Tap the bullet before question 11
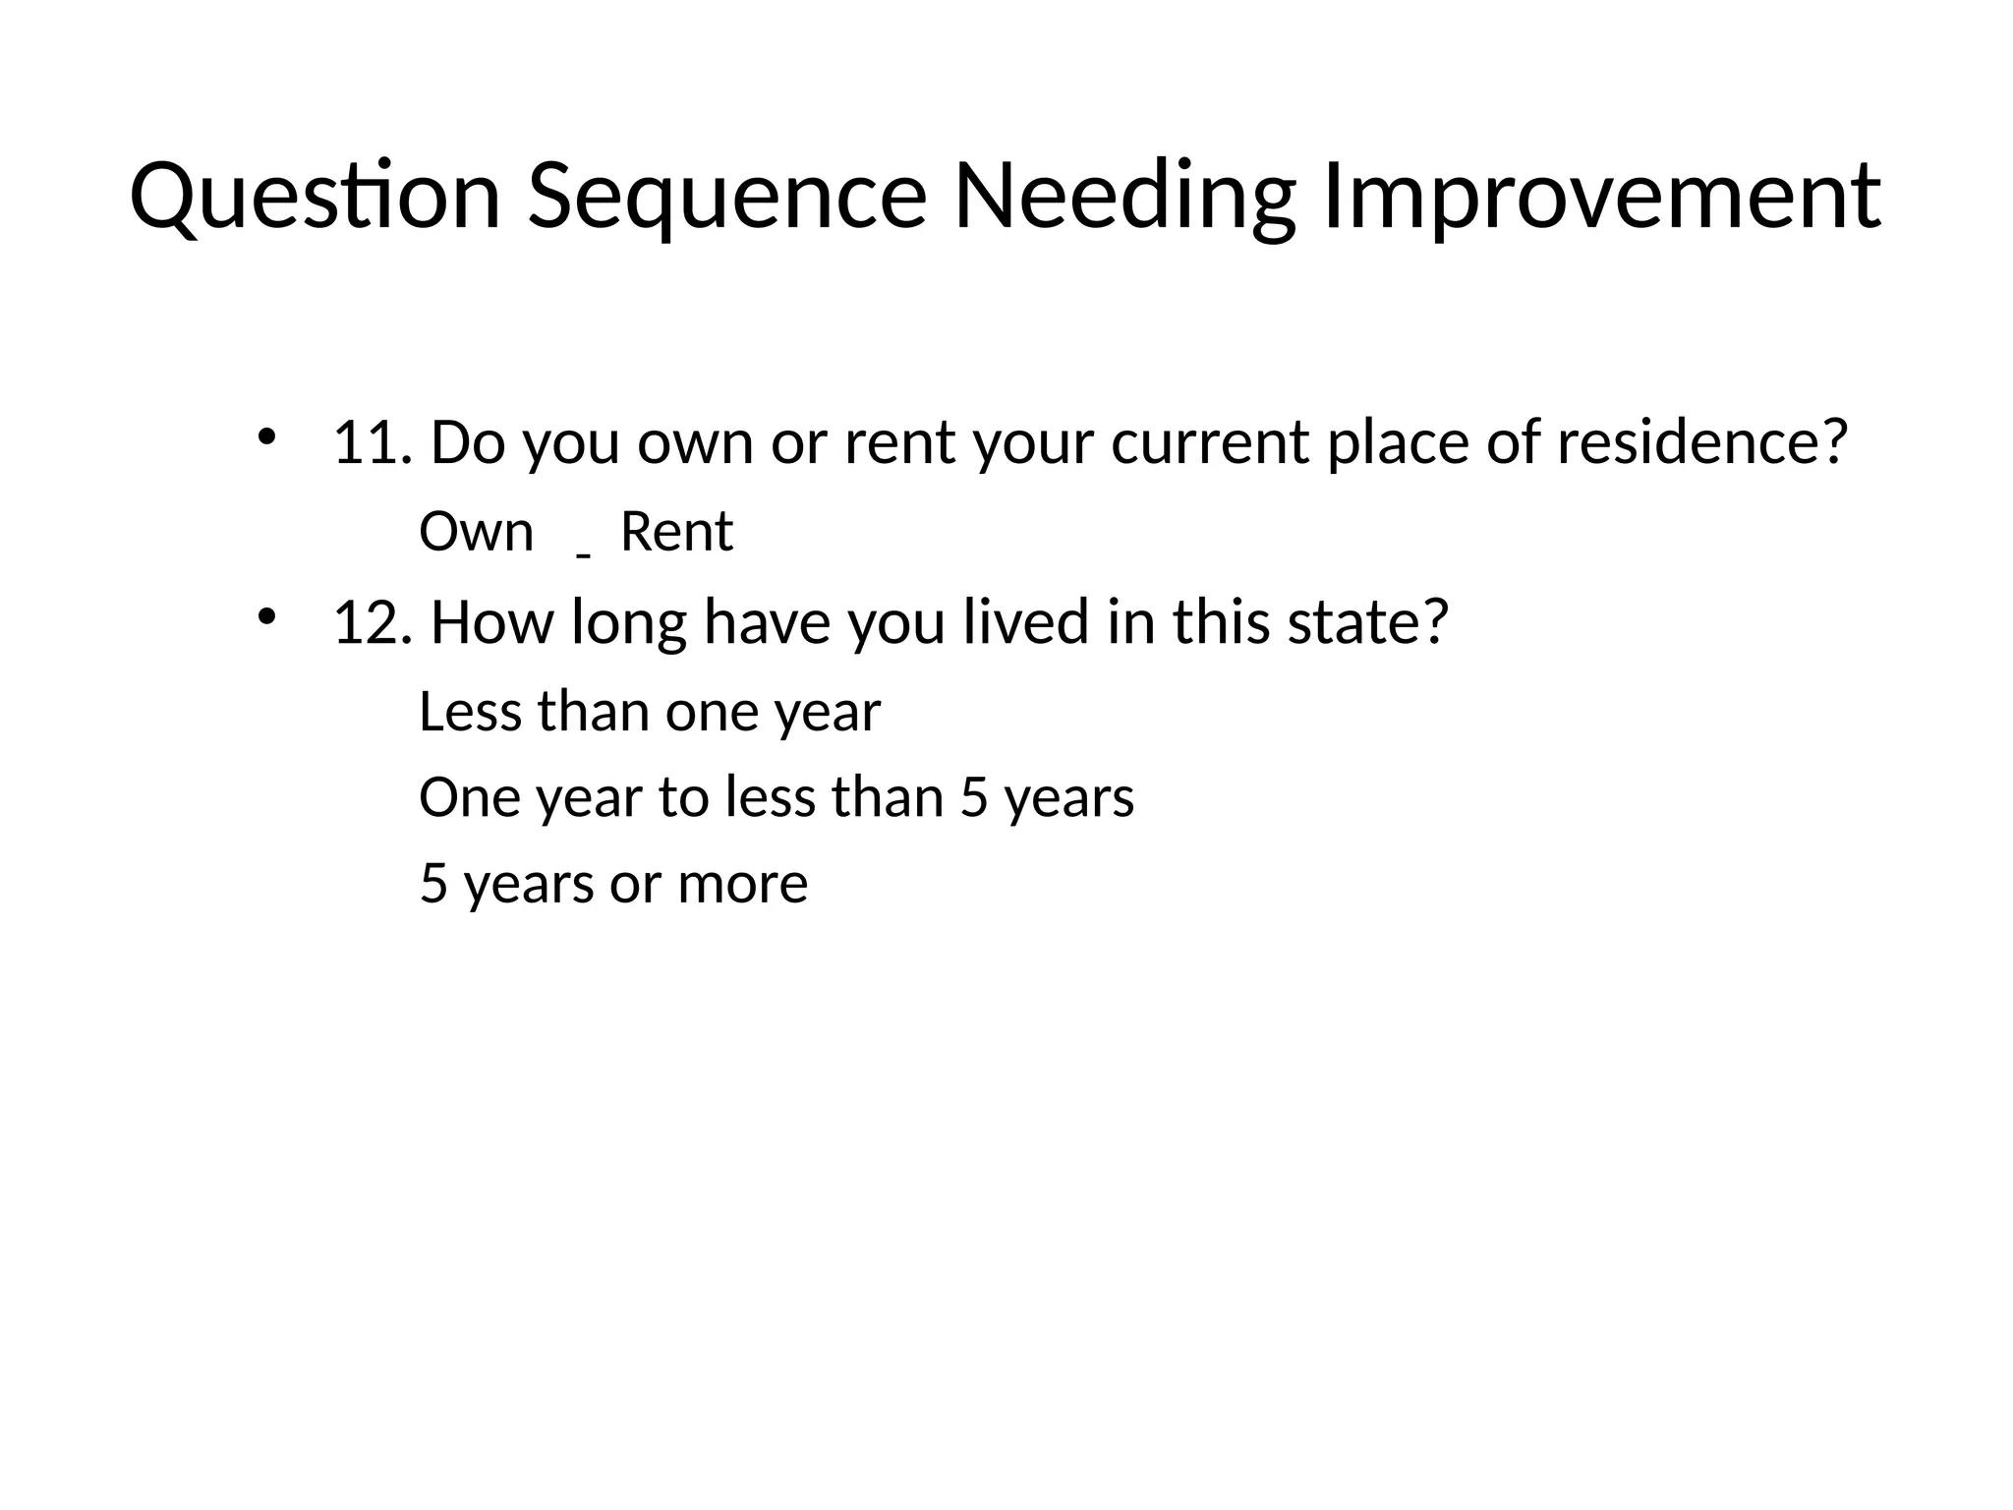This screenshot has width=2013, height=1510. (x=264, y=436)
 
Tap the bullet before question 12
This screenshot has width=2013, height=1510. (x=264, y=616)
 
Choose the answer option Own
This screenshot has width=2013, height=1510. (x=476, y=533)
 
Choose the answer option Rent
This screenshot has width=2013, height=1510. (x=676, y=533)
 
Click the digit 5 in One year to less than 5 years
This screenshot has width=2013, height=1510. (x=973, y=797)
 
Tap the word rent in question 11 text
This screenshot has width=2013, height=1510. (x=899, y=442)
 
